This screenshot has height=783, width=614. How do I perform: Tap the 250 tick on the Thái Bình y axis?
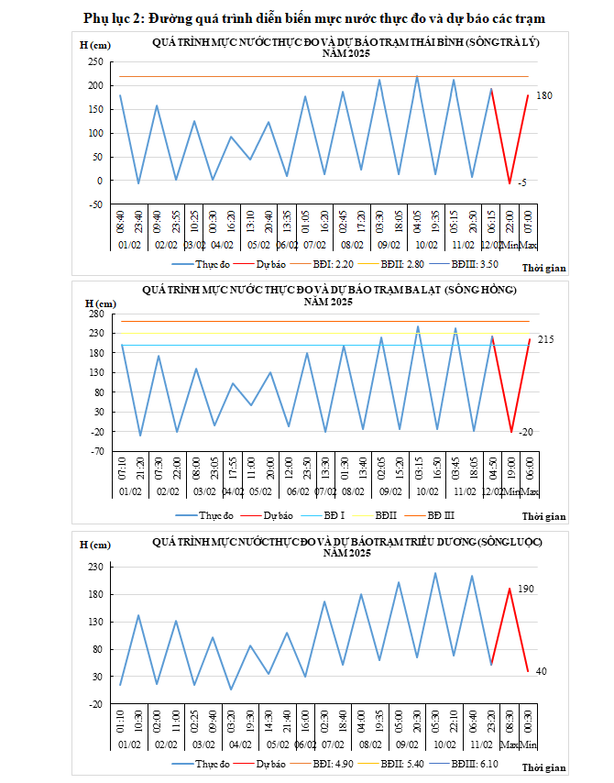tap(95, 61)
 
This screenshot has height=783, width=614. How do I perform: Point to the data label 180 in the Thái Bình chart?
tap(544, 96)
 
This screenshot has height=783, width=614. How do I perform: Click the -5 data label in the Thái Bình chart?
tap(521, 183)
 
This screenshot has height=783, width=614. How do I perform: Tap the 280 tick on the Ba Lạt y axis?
tap(95, 313)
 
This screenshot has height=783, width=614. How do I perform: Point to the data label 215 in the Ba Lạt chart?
tap(546, 340)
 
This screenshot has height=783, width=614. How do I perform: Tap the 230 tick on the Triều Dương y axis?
tap(95, 567)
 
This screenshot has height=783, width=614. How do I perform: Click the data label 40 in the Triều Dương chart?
tap(541, 672)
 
